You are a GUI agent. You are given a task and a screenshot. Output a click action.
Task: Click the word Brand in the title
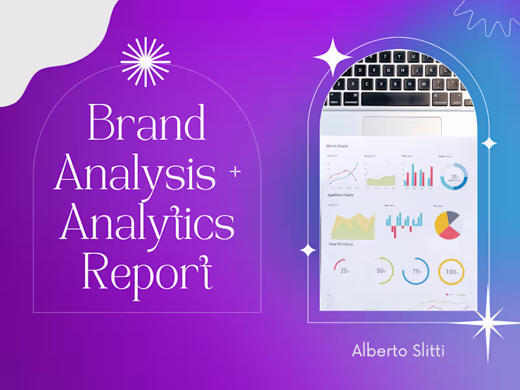pos(147,122)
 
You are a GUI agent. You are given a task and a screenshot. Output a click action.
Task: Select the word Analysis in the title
pos(135,172)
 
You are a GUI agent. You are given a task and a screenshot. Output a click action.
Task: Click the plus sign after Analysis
pos(235,172)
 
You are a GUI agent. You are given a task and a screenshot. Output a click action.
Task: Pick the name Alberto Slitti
pos(398,350)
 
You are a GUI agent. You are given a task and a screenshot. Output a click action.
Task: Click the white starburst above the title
pos(146,62)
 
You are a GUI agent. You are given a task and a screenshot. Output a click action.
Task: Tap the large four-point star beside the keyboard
pos(333,57)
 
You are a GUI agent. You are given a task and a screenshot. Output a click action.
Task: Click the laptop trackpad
pos(402,126)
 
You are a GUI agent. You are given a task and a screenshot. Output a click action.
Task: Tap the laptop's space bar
pos(395,99)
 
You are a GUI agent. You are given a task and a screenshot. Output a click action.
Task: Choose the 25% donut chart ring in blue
pos(454,176)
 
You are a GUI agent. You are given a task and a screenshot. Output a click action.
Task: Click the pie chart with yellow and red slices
pos(448,225)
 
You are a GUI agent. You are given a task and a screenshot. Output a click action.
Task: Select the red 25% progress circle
pos(344,270)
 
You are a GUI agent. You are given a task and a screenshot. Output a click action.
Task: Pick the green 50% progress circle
pos(380,270)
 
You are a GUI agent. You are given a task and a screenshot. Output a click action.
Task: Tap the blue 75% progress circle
pos(416,270)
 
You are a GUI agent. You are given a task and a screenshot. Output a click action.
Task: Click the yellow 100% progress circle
pos(451,271)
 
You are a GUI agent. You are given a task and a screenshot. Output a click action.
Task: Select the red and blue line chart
pos(343,174)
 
